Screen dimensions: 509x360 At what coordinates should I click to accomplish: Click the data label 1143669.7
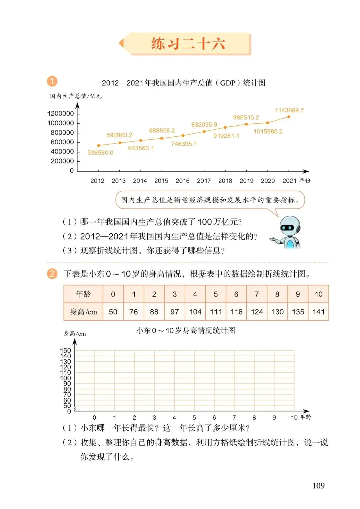[x=289, y=110]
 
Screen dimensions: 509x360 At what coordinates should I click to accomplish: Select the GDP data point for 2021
[x=289, y=117]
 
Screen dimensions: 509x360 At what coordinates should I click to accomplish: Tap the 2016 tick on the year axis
[x=182, y=181]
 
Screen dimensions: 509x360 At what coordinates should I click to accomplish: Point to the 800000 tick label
[x=62, y=133]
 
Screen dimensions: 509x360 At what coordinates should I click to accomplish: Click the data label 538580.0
[x=100, y=153]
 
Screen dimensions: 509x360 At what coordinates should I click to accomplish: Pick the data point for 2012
[x=98, y=145]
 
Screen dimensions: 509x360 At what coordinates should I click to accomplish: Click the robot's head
[x=289, y=226]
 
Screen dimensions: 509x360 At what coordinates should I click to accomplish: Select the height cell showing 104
[x=195, y=312]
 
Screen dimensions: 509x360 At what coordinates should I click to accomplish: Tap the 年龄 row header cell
[x=83, y=294]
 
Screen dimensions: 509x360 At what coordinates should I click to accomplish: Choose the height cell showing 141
[x=318, y=312]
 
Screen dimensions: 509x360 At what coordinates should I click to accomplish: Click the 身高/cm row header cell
[x=83, y=312]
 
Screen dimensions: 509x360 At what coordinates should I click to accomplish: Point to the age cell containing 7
[x=257, y=294]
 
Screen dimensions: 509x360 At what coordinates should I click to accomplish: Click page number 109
[x=318, y=486]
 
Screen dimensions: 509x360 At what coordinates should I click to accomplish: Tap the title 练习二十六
[x=188, y=44]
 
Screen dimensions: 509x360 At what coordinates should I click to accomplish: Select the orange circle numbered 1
[x=52, y=81]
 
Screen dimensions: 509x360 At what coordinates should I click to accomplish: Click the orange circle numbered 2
[x=52, y=274]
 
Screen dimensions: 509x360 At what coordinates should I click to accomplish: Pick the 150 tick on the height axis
[x=65, y=351]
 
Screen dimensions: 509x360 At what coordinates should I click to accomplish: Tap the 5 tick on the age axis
[x=194, y=418]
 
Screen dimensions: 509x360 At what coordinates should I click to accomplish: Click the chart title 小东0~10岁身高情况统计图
[x=185, y=331]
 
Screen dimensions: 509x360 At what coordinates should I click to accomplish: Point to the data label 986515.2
[x=246, y=117]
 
